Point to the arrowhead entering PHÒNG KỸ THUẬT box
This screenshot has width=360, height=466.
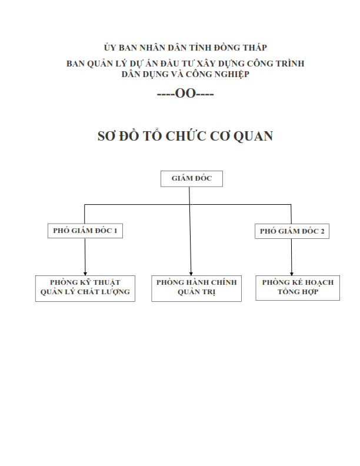85,274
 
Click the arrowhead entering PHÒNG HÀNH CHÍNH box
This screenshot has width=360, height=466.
191,274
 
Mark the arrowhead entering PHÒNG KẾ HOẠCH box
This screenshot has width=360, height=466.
292,274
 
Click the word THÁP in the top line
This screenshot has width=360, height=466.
255,48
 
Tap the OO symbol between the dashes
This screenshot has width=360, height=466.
185,94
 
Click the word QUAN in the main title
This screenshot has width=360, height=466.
253,136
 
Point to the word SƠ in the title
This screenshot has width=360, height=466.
106,136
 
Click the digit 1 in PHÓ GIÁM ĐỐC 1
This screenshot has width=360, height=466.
115,231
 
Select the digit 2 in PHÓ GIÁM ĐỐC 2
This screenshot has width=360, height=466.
322,231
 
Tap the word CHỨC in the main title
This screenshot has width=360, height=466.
186,135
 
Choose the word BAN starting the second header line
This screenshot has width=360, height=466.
75,64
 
